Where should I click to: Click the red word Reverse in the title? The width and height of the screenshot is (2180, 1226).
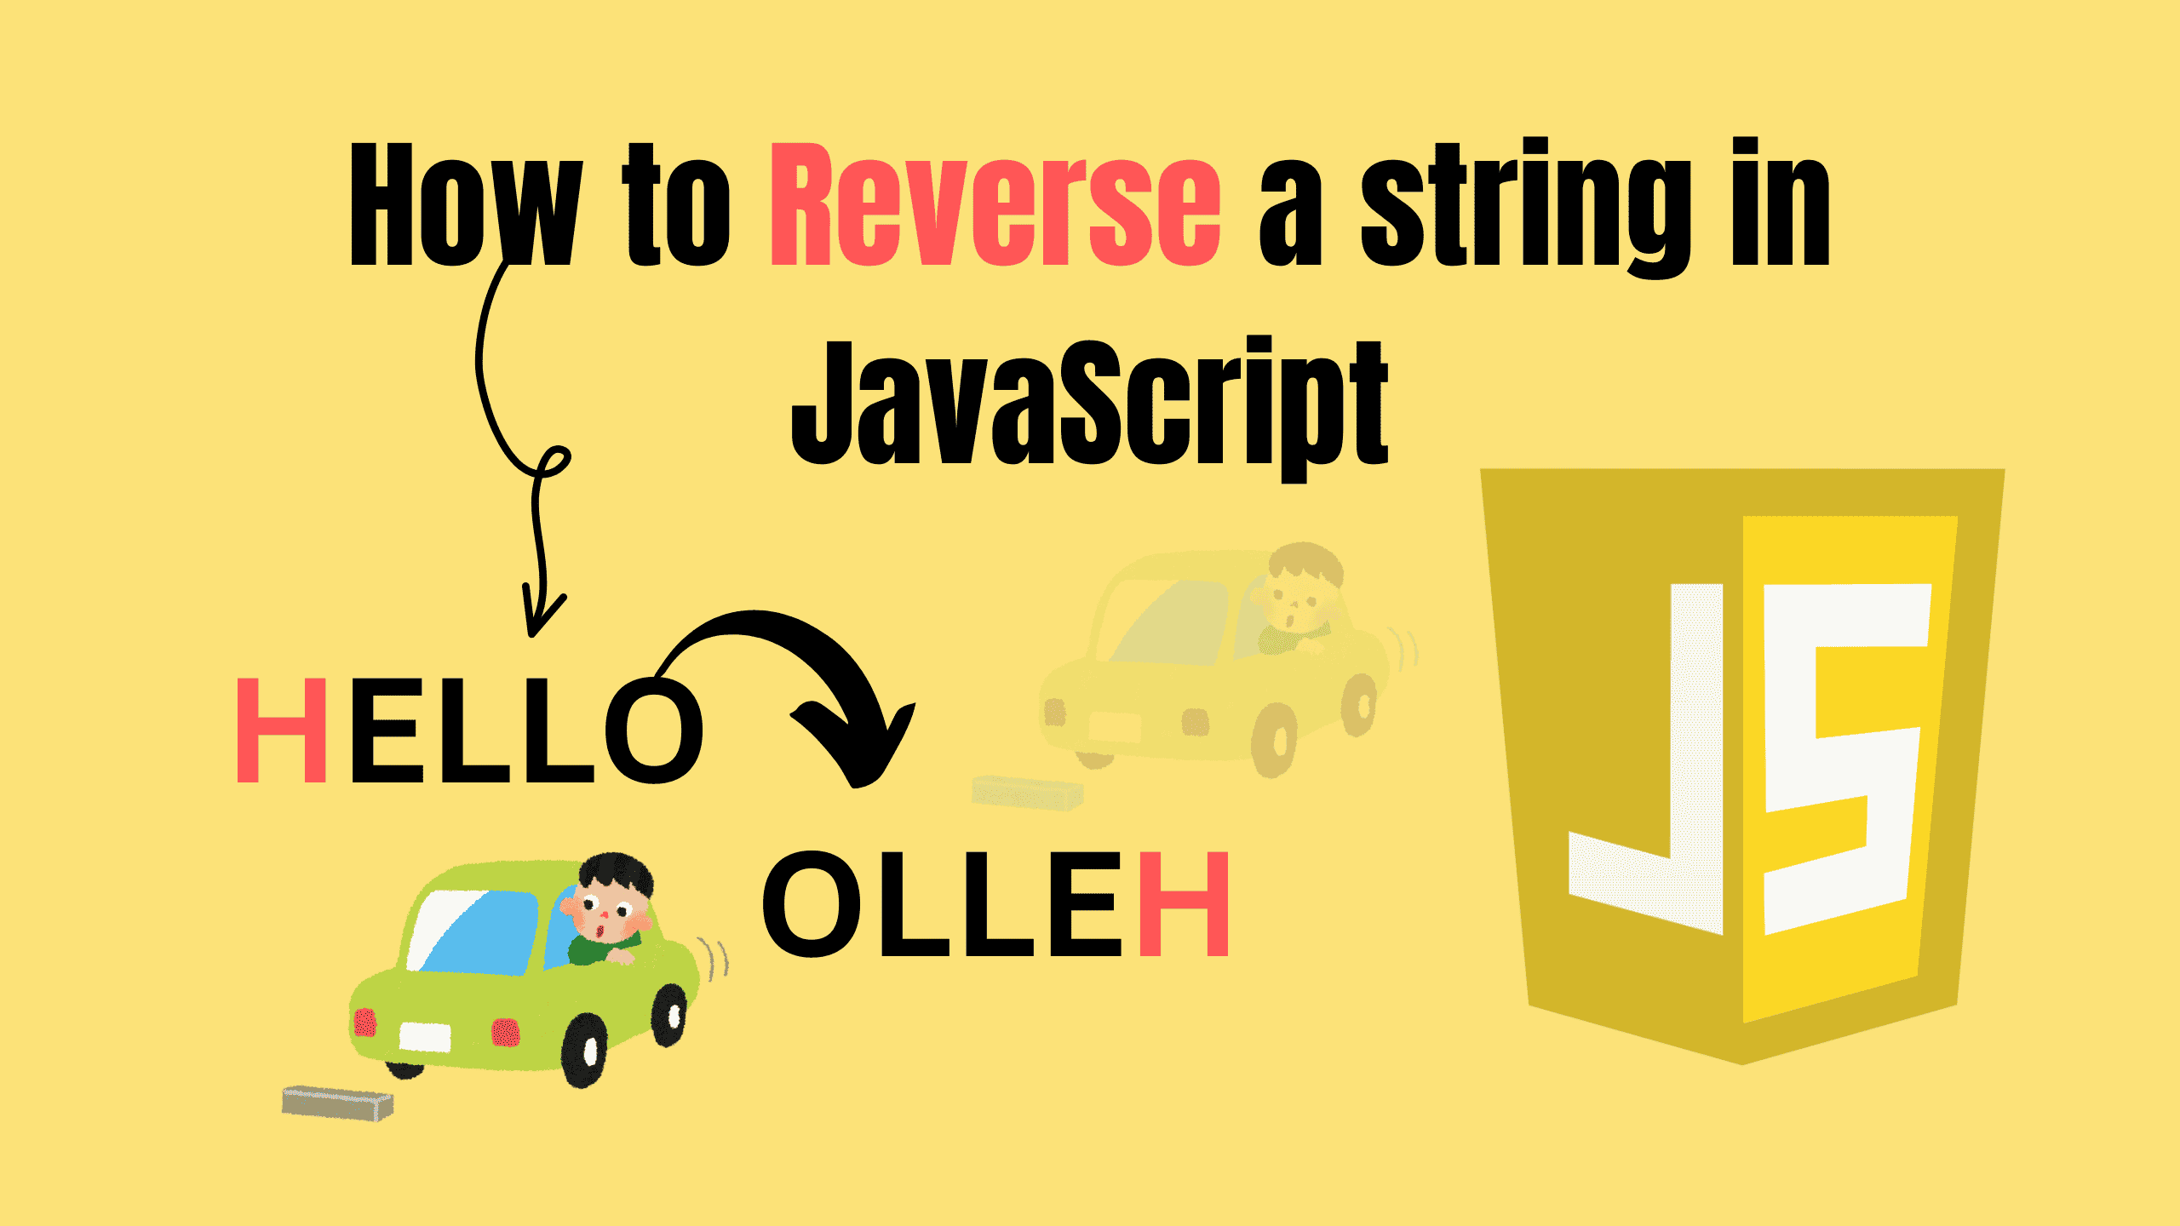point(995,206)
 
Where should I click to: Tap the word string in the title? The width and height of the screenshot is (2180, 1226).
point(1524,209)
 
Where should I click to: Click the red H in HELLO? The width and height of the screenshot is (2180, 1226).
point(281,730)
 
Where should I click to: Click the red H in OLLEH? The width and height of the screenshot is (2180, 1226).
point(1185,904)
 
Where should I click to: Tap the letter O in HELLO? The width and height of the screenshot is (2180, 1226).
point(654,730)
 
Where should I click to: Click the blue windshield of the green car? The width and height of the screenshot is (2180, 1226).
point(477,932)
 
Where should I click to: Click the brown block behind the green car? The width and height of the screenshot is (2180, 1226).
point(338,1103)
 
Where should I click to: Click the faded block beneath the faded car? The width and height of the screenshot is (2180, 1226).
point(1028,793)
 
